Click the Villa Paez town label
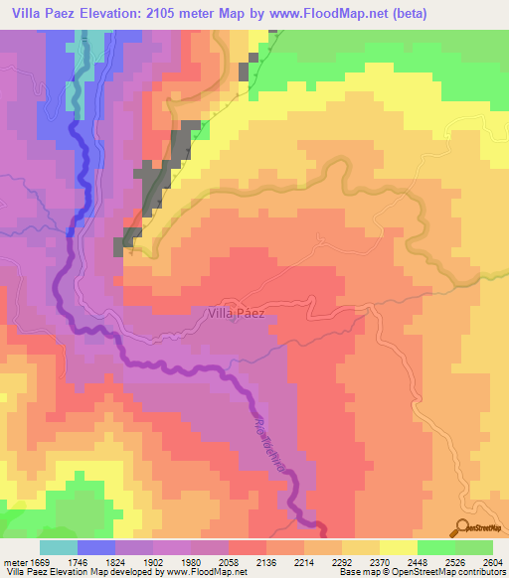pos(236,313)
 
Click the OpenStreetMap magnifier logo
pos(464,527)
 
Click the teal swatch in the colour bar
pos(59,547)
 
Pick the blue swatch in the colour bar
pos(96,547)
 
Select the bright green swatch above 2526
pos(436,547)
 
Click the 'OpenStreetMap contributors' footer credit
pos(455,573)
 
